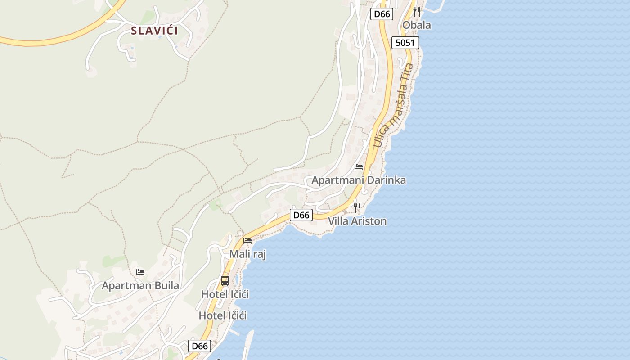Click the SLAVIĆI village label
[154, 31]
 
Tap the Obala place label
[416, 25]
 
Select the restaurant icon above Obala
[417, 11]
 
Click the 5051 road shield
[405, 43]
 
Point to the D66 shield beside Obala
[382, 14]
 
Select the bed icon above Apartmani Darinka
[359, 167]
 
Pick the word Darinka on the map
[386, 180]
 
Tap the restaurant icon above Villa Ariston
[357, 207]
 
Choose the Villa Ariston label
[357, 221]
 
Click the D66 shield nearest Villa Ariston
[301, 215]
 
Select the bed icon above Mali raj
[247, 241]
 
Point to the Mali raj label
[247, 254]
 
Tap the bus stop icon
[225, 281]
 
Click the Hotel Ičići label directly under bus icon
[225, 294]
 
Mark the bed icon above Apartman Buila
[140, 272]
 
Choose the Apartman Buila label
[140, 286]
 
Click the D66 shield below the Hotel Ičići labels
[199, 346]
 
